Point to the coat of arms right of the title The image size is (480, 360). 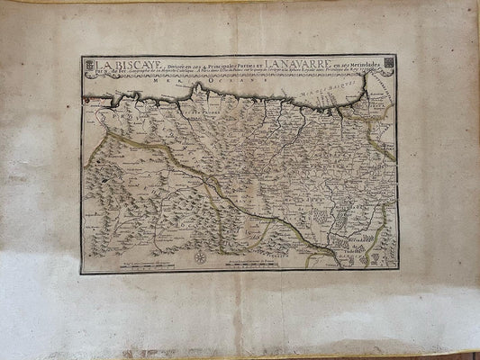coord(387,65)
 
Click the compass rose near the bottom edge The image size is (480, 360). coord(200,257)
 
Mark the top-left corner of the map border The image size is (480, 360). coord(81,56)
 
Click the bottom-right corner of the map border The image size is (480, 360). coord(397,269)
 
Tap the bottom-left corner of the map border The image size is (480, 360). coord(81,273)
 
